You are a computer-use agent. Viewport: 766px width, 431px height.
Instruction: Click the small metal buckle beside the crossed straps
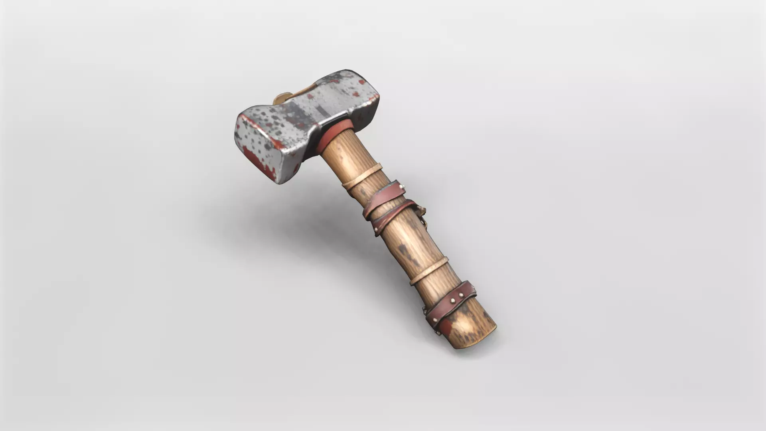[x=421, y=214]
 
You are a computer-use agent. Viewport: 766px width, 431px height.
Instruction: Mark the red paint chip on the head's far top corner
[x=362, y=82]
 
